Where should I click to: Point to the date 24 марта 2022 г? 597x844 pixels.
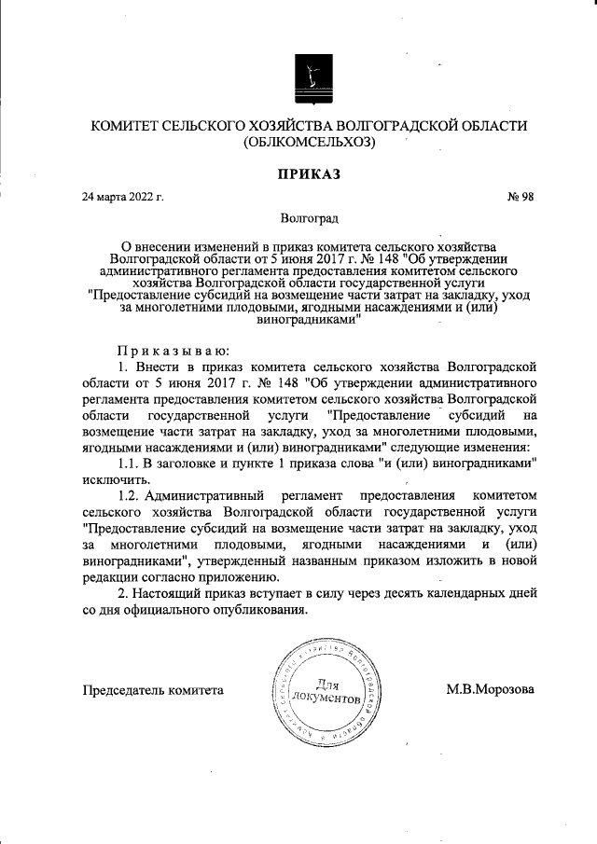click(123, 197)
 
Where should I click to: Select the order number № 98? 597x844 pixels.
click(520, 197)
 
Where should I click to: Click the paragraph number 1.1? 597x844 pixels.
click(128, 464)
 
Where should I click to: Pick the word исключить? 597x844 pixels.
click(115, 479)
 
